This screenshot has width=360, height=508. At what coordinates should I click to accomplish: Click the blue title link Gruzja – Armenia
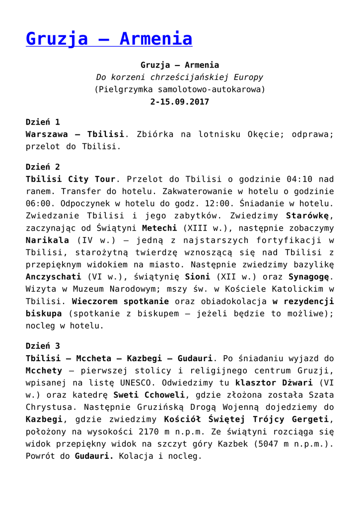(109, 38)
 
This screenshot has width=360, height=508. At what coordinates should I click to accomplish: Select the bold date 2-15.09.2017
(179, 102)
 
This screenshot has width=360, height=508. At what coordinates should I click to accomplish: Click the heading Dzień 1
(43, 122)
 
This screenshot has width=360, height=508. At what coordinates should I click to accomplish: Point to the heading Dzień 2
(43, 166)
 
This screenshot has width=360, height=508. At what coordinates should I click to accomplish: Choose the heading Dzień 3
(43, 345)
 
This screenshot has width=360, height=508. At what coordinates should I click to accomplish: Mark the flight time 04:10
(297, 179)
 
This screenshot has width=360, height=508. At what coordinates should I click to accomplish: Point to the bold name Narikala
(47, 240)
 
